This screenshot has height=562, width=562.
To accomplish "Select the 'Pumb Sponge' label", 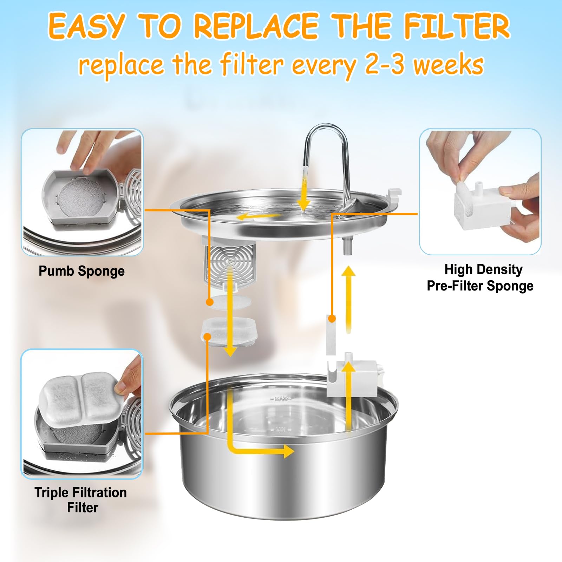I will [x=81, y=271].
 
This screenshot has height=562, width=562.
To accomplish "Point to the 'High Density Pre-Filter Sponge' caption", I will [x=480, y=277].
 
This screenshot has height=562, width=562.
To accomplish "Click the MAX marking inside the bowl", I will [x=281, y=399].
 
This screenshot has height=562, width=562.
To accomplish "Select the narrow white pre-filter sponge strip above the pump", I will [x=331, y=335].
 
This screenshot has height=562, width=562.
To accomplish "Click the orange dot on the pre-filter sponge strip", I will [x=332, y=319].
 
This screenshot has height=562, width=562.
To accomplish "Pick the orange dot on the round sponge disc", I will [x=210, y=302].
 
